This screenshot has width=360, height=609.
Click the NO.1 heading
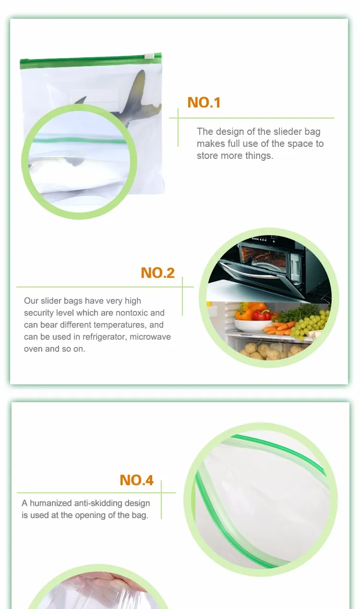pos(204,102)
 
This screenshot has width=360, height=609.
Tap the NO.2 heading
pos(157,273)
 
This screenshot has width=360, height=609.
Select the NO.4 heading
pos(136,480)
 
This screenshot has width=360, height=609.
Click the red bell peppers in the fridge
pos(262,314)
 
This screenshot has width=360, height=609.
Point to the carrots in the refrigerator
pos(277,328)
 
